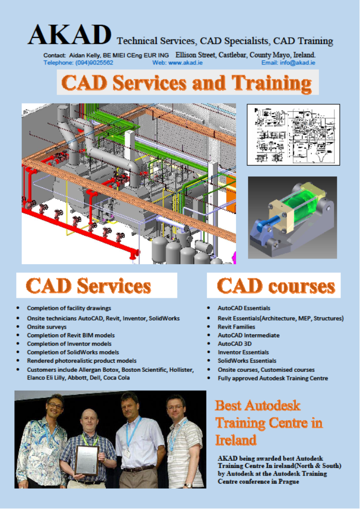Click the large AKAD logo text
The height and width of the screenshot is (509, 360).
tap(70, 34)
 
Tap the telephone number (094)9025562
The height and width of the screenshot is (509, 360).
tap(94, 62)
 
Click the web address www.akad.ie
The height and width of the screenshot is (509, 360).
tap(185, 62)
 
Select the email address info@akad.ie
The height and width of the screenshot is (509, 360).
tap(297, 62)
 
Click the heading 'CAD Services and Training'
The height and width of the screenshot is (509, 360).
tap(187, 83)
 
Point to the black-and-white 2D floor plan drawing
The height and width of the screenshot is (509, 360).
tap(293, 135)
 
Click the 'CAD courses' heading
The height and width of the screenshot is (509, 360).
tap(276, 285)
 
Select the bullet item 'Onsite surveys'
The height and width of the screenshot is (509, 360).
tap(47, 327)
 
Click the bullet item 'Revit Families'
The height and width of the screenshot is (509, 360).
tap(236, 327)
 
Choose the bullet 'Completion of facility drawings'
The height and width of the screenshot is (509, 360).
tap(69, 308)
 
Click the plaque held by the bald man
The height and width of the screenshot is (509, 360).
tap(86, 460)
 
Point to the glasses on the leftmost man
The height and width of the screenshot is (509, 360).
tap(55, 405)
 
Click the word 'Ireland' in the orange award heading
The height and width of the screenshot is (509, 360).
tap(236, 440)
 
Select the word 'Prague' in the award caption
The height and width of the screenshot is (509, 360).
tap(289, 482)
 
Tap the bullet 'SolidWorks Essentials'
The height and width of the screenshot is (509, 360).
tap(247, 361)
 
